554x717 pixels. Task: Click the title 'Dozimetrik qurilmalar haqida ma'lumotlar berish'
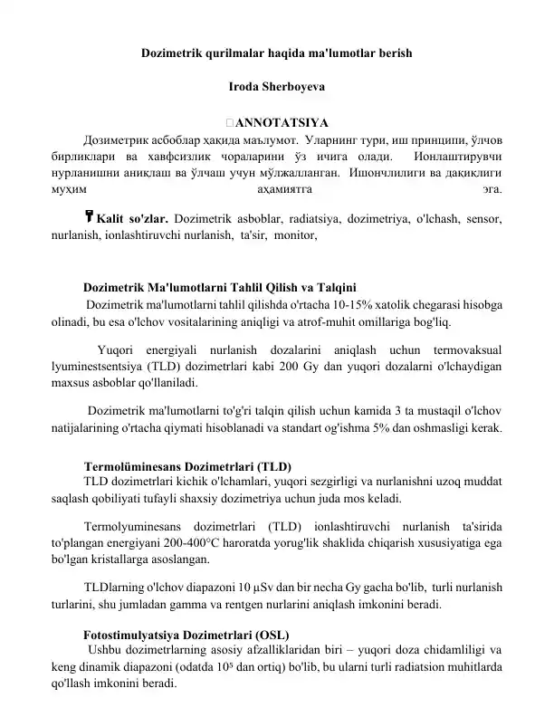[277, 53]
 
